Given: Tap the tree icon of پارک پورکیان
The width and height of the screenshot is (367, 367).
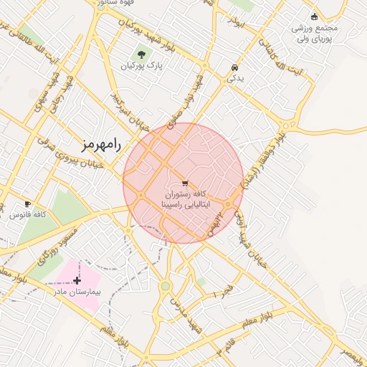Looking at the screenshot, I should (140, 54).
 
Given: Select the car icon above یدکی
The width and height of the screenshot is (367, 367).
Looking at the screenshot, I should (234, 68).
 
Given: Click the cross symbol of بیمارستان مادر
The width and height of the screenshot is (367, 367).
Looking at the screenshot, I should (77, 280).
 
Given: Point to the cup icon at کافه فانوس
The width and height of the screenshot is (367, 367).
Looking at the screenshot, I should (27, 204).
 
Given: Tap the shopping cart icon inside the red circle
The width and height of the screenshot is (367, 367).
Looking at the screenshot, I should (185, 183).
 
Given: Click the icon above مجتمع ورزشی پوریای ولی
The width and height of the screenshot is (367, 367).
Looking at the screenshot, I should (314, 16).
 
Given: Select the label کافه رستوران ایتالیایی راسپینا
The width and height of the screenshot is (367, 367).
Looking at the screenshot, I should (184, 199).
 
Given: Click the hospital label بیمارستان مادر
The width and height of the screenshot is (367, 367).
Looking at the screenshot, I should (78, 292).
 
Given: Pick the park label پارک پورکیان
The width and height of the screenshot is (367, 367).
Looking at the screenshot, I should (141, 66).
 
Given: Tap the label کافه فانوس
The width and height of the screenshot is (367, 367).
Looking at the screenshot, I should (30, 215).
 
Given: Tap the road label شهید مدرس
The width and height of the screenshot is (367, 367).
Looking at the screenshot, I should (184, 315).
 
